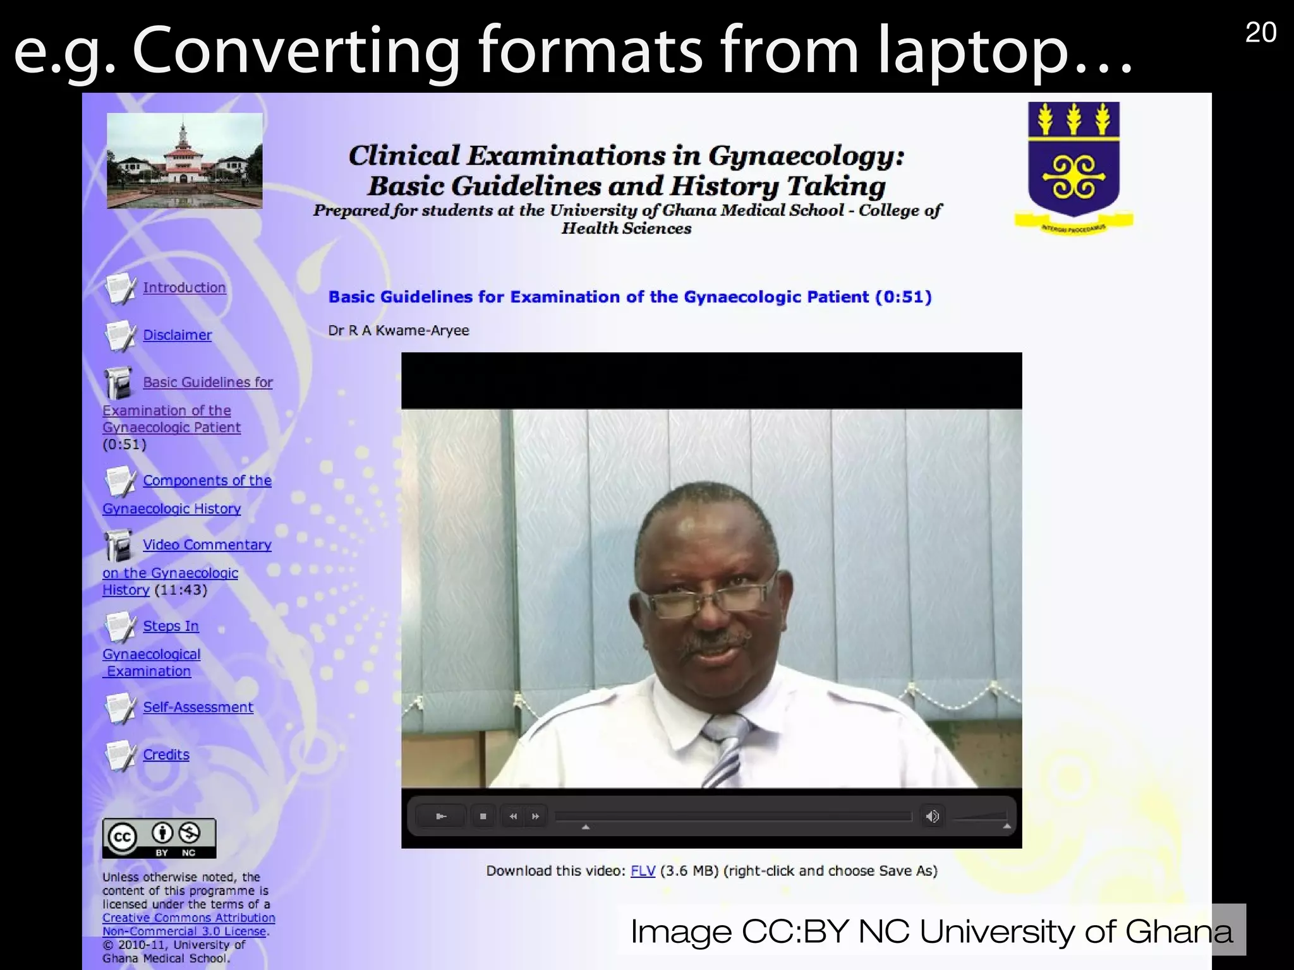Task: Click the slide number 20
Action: (1261, 33)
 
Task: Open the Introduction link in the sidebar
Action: (184, 288)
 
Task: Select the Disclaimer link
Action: (177, 335)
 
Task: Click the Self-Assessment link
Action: (198, 708)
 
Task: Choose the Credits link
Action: (166, 755)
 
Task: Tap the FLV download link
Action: (643, 871)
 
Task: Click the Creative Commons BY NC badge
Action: (159, 839)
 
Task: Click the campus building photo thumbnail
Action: (184, 161)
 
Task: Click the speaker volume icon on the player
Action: (932, 817)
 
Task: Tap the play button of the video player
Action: (442, 817)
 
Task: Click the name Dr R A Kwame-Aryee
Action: (399, 331)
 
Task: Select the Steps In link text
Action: (171, 626)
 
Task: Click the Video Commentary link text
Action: (207, 545)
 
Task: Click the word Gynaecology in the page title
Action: (806, 156)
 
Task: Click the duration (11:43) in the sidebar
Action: (181, 590)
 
